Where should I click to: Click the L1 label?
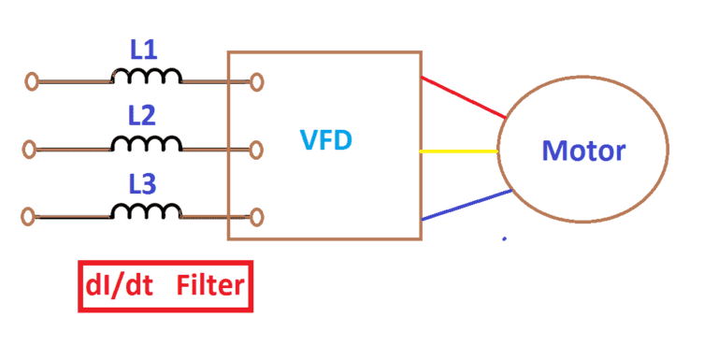tap(143, 50)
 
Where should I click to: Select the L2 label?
tap(143, 116)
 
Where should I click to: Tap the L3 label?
tap(143, 182)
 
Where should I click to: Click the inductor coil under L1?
tap(147, 77)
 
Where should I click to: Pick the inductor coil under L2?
tap(147, 143)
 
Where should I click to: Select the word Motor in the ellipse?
tap(584, 150)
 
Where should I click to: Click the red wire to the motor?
tap(463, 97)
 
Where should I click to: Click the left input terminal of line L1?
tap(32, 82)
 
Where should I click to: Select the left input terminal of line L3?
tap(28, 217)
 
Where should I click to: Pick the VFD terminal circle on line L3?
tap(256, 217)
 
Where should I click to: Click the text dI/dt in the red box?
tap(119, 287)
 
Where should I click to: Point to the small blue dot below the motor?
tap(505, 239)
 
